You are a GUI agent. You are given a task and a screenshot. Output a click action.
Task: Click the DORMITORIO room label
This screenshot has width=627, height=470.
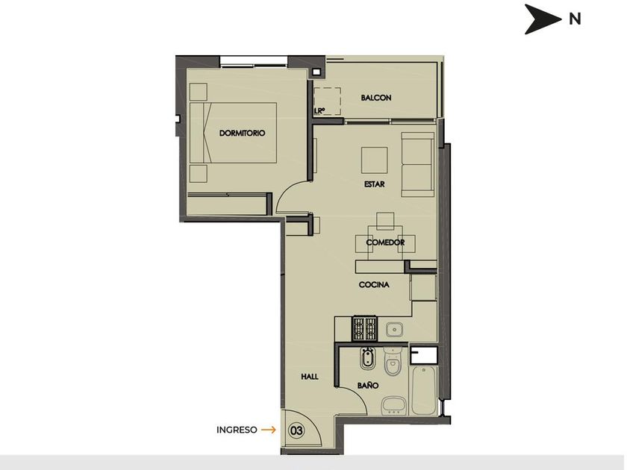click(242, 133)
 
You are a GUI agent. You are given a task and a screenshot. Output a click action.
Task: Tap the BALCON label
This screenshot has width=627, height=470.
click(376, 98)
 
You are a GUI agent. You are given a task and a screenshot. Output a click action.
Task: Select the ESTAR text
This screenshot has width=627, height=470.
click(374, 184)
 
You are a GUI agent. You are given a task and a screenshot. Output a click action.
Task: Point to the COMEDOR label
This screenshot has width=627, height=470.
click(385, 242)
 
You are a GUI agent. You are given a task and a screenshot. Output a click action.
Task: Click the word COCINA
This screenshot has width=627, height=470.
click(374, 284)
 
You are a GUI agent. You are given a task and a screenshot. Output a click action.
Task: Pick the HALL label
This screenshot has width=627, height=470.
click(310, 377)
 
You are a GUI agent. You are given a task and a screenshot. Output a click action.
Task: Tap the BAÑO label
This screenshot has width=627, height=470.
click(368, 385)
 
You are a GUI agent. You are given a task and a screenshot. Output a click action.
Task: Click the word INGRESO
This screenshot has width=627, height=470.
click(237, 430)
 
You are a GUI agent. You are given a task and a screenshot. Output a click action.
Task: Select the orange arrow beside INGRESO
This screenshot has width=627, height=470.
click(268, 430)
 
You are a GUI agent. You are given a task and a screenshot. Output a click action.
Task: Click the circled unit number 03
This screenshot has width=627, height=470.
click(296, 430)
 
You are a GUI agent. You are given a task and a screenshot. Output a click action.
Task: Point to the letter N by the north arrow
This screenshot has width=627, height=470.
click(575, 19)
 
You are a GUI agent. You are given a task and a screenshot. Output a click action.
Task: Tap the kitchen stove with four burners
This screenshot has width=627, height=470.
click(365, 328)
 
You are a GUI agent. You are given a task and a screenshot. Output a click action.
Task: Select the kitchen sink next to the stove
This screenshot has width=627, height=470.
click(395, 330)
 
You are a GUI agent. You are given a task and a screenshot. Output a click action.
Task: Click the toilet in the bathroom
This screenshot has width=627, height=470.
click(393, 362)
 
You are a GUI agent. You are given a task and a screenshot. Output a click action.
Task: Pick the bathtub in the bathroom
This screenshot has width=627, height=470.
click(423, 390)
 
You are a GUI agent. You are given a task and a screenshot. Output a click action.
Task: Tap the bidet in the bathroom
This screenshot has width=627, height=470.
click(366, 359)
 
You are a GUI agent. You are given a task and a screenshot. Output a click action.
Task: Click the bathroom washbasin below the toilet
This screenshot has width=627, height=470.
click(394, 406)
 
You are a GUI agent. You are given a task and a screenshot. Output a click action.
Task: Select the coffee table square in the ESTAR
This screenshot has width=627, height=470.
click(374, 160)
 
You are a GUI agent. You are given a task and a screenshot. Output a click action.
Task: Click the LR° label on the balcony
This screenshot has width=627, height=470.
click(319, 110)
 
